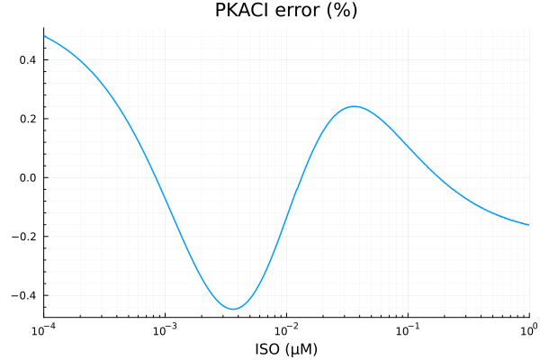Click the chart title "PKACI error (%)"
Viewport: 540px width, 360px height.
click(x=285, y=12)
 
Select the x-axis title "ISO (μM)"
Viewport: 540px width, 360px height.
click(x=285, y=348)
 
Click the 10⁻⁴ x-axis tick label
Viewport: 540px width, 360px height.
click(x=43, y=329)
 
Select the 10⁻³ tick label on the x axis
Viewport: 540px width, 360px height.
click(x=165, y=329)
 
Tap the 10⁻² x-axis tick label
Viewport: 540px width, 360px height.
click(x=286, y=329)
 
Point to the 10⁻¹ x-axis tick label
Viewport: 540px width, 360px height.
click(x=408, y=329)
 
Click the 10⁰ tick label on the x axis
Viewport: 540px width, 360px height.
click(x=528, y=329)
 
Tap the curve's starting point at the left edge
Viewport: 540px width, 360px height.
click(x=43, y=36)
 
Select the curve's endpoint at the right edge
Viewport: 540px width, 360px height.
click(x=529, y=225)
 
